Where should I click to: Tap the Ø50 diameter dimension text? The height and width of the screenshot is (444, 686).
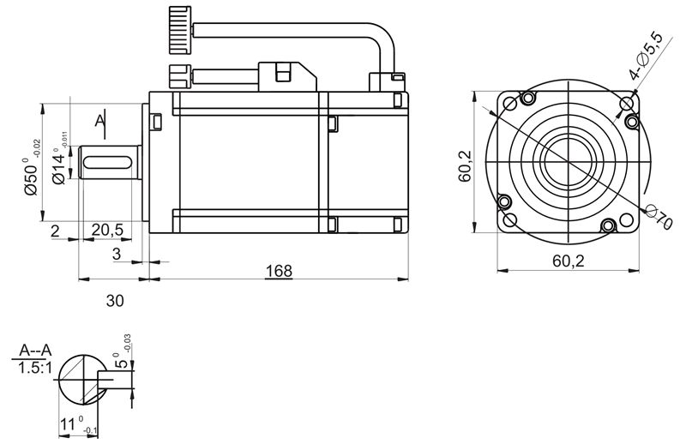coord(31,176)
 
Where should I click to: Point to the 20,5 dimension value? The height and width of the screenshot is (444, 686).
coord(107,230)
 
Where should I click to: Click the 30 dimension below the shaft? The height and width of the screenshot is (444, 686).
coord(115,301)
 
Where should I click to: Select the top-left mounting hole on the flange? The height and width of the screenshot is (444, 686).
coord(512,104)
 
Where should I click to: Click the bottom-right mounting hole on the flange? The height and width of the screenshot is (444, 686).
coord(609,226)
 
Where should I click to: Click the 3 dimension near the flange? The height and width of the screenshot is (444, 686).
coord(117,255)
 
